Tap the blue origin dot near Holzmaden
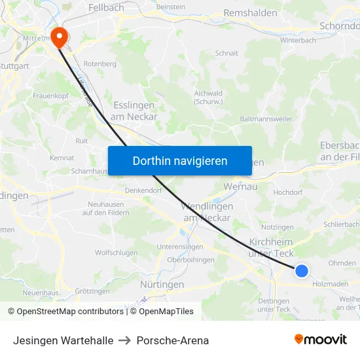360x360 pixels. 301,270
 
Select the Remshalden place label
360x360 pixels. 250,13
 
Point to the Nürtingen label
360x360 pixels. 162,285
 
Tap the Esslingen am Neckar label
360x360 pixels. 134,111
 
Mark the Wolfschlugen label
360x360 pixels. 116,253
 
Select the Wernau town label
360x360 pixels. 240,187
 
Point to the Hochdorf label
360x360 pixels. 287,193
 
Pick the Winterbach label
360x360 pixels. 298,40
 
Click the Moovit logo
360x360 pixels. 321,339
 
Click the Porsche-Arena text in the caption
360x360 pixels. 173,340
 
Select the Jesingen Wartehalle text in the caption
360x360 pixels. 63,340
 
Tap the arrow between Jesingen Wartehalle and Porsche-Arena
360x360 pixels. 125,340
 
